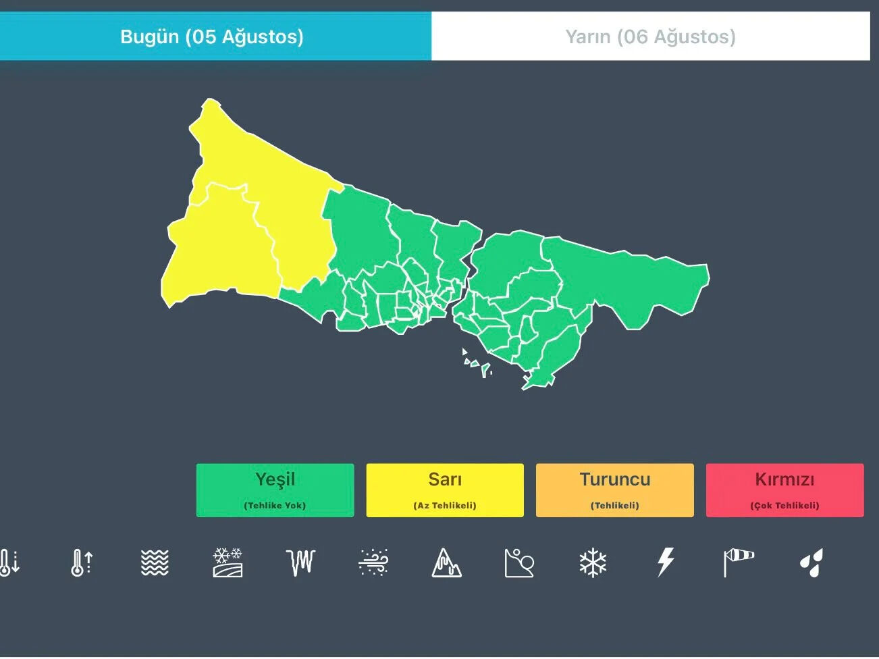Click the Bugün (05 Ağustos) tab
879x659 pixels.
pos(212,36)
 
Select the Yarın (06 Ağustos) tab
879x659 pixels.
pos(650,36)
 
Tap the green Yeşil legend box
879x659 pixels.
pos(275,490)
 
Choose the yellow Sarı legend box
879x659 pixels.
pos(445,490)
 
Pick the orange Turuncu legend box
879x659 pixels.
pos(614,490)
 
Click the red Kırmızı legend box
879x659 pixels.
pos(784,490)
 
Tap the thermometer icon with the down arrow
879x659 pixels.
pos(9,562)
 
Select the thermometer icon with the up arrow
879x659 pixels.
pos(82,562)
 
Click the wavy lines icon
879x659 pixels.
pos(155,562)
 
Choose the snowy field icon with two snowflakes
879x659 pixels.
pos(228,562)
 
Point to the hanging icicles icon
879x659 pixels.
pos(300,562)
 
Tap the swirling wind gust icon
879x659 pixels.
pos(373,562)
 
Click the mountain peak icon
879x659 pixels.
pos(446,562)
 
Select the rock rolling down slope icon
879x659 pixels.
pos(519,562)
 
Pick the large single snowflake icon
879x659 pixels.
pos(593,562)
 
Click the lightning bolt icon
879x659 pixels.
pos(666,562)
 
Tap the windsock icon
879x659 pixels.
pos(739,562)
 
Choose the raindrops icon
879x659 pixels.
pos(811,562)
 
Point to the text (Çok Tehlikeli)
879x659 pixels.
pos(784,506)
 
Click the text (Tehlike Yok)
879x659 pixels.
pos(275,506)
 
